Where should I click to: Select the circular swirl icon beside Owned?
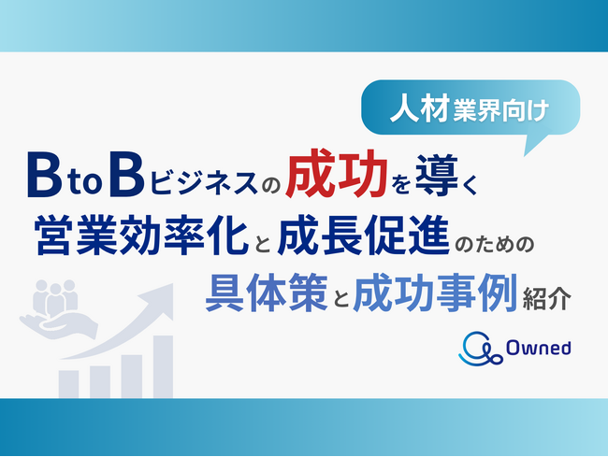pyautogui.click(x=479, y=347)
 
